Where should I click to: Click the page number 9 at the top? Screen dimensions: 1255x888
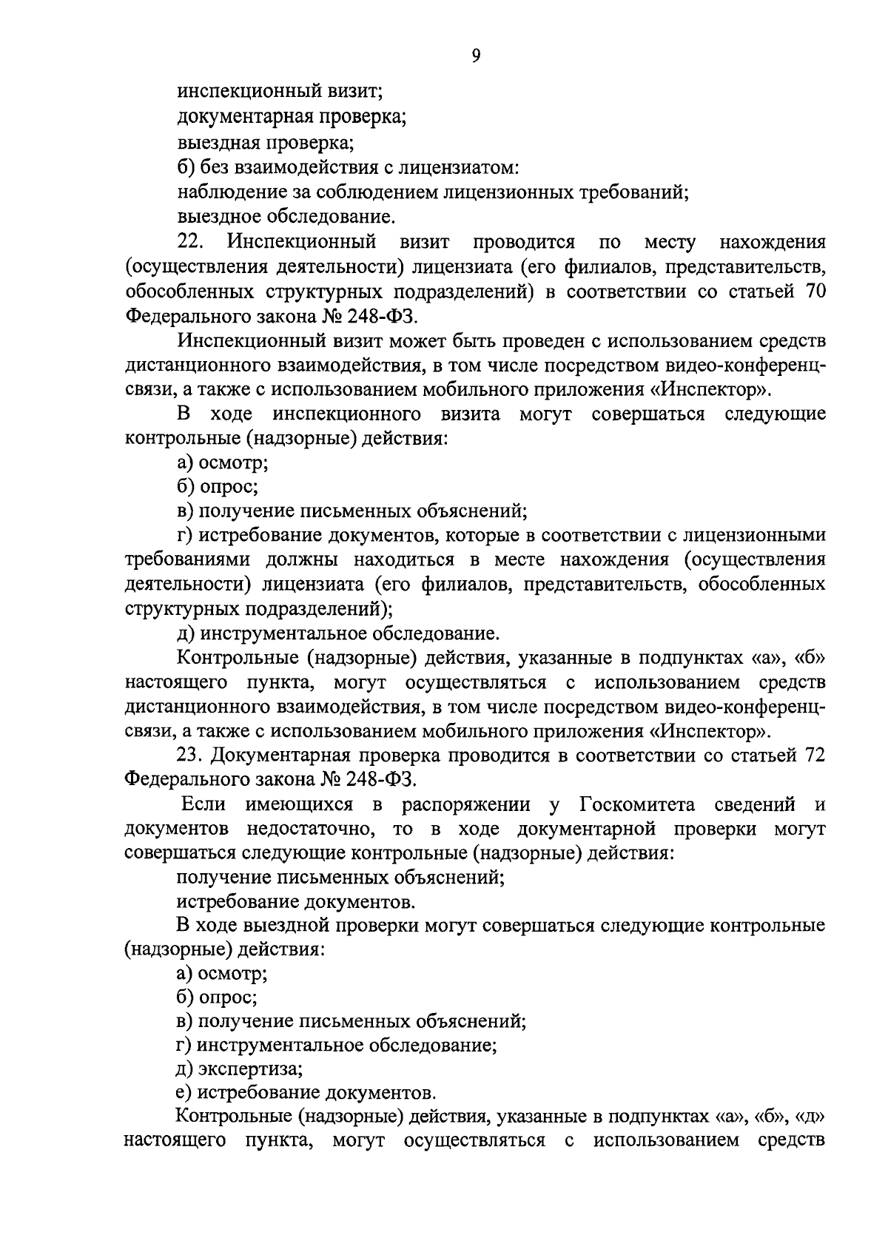(475, 56)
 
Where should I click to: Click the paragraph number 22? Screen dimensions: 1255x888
(192, 242)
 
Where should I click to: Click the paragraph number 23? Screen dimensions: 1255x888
(192, 756)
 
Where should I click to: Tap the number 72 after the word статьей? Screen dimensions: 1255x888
(811, 756)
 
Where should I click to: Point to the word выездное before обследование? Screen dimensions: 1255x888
(219, 217)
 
